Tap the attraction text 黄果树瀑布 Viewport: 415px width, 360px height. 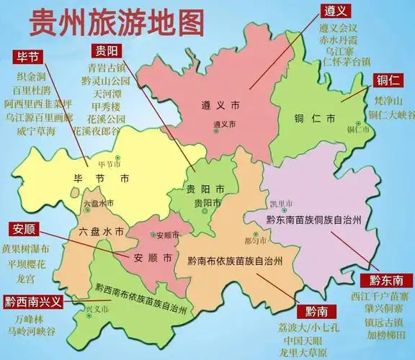(27, 248)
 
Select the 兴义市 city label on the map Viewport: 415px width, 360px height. (94, 308)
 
